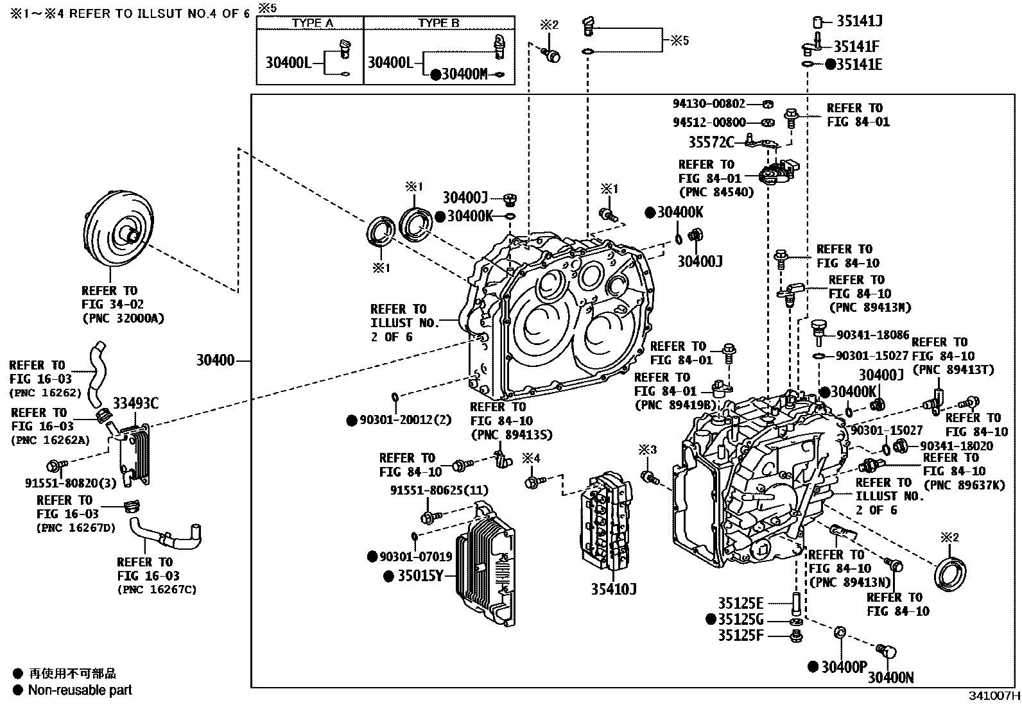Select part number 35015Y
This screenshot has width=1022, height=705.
point(420,575)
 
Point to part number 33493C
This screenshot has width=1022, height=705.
point(135,403)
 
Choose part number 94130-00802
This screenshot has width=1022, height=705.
point(709,103)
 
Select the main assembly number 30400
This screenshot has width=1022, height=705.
point(215,361)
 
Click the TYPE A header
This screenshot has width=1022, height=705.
point(312,23)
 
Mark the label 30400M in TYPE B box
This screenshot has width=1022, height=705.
point(465,74)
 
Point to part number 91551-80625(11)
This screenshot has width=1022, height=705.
point(439,490)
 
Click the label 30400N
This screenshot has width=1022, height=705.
point(891,677)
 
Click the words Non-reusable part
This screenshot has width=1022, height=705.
point(80,690)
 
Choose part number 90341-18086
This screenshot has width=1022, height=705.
point(872,335)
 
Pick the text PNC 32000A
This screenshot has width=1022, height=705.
point(123,318)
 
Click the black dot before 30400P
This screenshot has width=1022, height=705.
point(813,667)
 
